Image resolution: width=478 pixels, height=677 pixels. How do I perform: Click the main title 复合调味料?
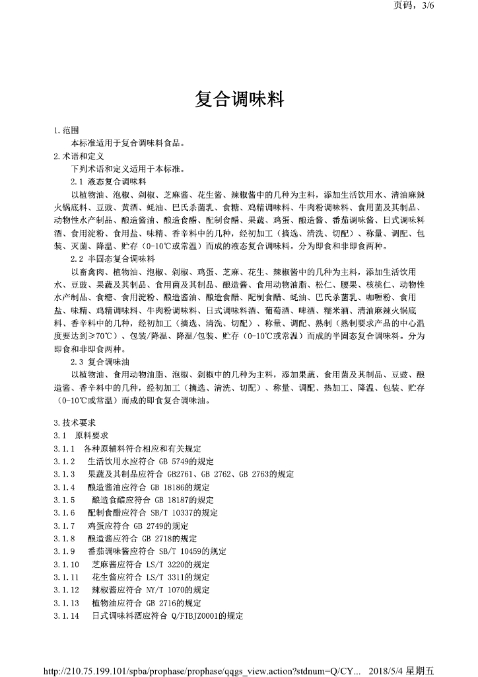240,100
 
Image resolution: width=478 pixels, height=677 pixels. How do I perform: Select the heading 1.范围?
67,131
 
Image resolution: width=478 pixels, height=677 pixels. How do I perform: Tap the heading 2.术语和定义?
79,156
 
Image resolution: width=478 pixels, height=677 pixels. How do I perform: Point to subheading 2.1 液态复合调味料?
108,181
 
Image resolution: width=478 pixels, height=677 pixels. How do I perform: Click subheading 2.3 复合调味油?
104,362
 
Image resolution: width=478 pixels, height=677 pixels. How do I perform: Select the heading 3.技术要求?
75,423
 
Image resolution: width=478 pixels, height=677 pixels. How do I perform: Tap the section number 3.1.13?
67,603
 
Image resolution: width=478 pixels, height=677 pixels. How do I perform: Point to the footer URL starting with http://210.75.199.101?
198,670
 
